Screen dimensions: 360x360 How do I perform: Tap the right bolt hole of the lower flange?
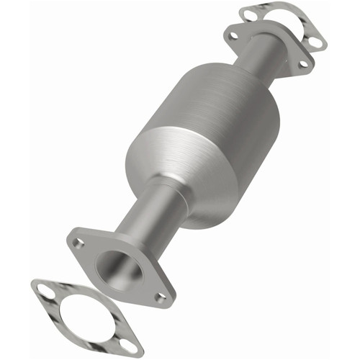[161, 296]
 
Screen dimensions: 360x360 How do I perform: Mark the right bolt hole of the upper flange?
[303, 63]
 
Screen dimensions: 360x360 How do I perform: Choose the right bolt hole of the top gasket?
[315, 42]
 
